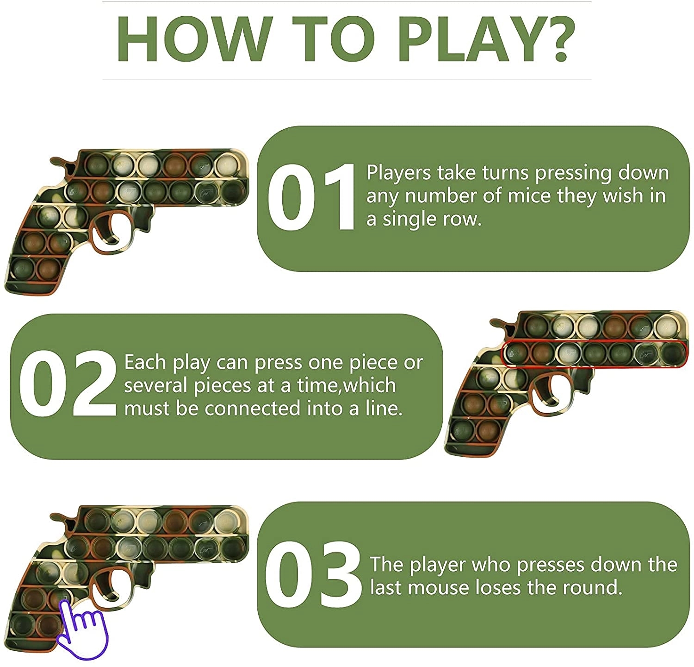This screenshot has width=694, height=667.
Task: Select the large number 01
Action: (x=311, y=197)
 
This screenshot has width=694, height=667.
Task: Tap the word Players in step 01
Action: (x=398, y=173)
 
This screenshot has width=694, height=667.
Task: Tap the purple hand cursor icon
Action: (x=82, y=629)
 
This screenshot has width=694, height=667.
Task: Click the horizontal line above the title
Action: (x=347, y=1)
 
